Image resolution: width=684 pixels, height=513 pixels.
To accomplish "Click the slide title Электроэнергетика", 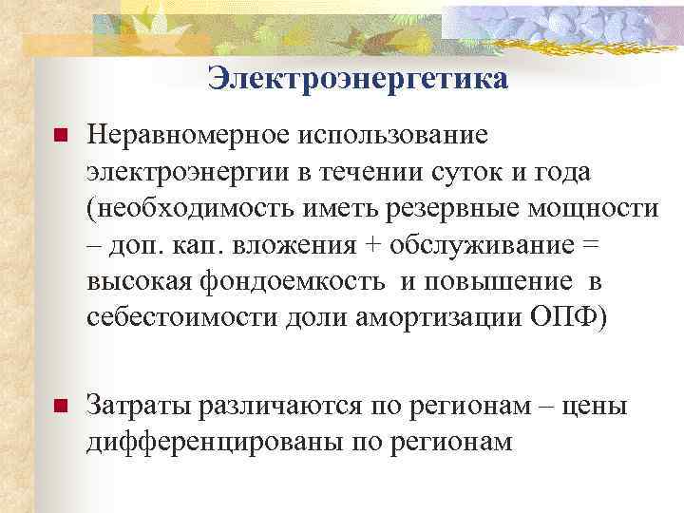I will click(x=358, y=79).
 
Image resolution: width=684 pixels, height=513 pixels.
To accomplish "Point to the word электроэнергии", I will click(x=190, y=174).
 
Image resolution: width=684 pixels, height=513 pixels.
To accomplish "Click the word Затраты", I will click(x=141, y=406).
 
